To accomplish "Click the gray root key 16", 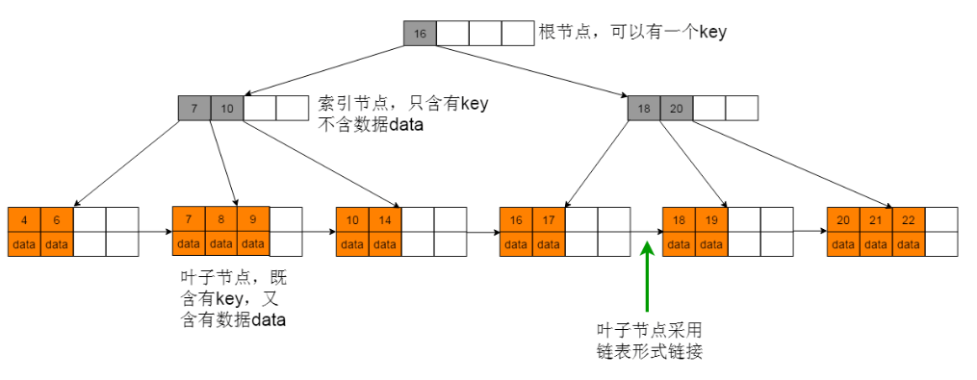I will (420, 34).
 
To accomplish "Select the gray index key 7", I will (194, 109).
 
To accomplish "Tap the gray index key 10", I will (226, 109).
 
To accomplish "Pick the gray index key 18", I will (644, 109).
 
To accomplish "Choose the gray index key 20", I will (676, 109).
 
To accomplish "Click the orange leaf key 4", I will (24, 219).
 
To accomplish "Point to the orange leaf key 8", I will (221, 219).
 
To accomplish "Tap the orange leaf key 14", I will (385, 219).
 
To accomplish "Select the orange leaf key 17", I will (549, 219).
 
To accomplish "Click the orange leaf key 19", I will (712, 219).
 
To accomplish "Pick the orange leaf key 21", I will (876, 219).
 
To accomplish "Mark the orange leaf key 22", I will (909, 219).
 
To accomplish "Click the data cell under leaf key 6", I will (57, 244).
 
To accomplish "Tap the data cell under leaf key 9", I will (253, 244).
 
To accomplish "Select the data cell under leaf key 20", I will (843, 244).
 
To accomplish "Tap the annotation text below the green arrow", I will (649, 340).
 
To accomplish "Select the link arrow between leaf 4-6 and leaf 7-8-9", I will (155, 232).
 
